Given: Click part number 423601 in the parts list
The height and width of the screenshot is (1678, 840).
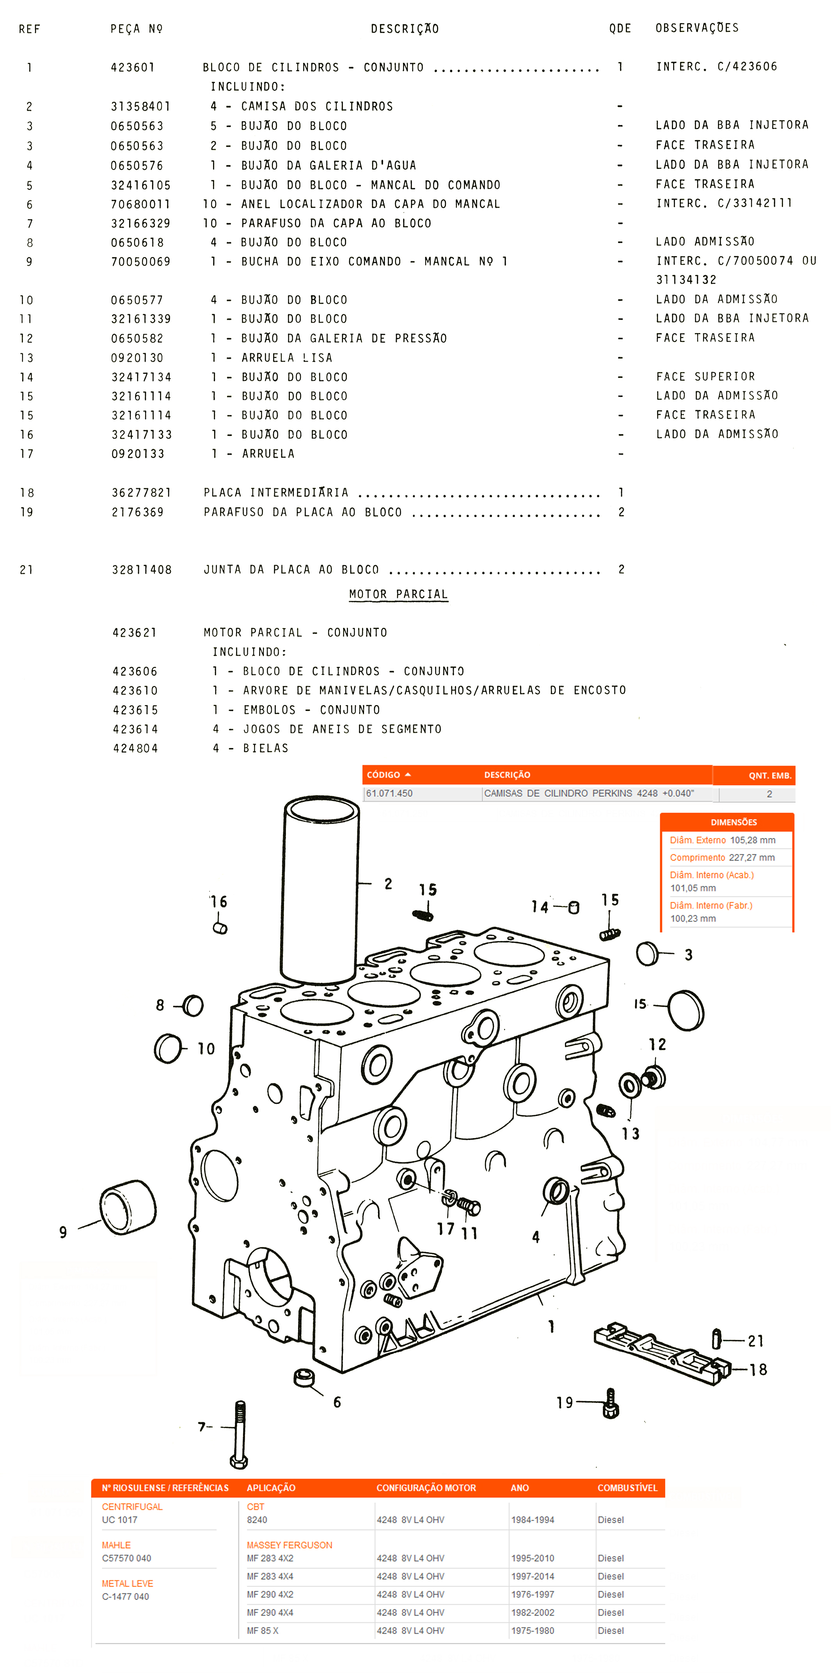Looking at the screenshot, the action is coord(133,67).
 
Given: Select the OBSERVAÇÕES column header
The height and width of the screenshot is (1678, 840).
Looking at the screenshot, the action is coord(697,28).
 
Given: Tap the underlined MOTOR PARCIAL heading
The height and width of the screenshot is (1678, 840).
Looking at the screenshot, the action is coord(398,594).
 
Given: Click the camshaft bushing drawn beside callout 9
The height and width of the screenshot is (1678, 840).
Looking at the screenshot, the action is coord(128,1207).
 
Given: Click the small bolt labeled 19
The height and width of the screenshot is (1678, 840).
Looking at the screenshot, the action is coord(611,1403).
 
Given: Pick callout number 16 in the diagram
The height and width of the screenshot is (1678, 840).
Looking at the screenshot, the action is coord(218,902).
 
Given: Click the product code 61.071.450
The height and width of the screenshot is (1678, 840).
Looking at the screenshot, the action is coord(389,794).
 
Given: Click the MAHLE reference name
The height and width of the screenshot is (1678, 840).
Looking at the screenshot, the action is coord(116,1545).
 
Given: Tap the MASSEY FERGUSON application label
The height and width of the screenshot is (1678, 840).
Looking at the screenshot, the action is coord(289,1545).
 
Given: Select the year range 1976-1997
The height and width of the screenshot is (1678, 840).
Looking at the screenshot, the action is coord(533,1595).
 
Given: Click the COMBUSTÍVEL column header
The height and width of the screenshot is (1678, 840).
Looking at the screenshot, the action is coord(627,1488).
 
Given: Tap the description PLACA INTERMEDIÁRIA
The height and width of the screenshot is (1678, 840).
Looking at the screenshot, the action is coord(276,493).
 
